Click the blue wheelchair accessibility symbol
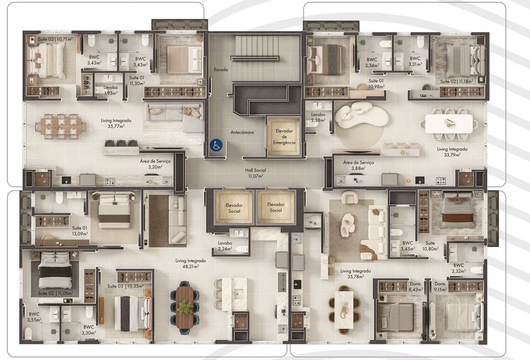(x=216, y=145)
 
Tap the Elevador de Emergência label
(x=284, y=137)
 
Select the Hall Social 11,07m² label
(x=256, y=173)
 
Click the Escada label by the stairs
(x=220, y=69)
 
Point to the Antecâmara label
(x=242, y=132)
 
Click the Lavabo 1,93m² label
(x=111, y=90)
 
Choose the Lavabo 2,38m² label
(x=318, y=117)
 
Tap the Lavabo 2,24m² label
(x=225, y=246)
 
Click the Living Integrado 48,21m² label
(x=190, y=263)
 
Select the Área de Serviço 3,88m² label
(x=358, y=165)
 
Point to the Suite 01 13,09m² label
(x=80, y=231)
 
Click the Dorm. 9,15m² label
(x=440, y=287)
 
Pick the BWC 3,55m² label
(x=34, y=317)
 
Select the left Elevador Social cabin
(x=234, y=208)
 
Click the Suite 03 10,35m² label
(x=125, y=286)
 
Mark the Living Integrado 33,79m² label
(x=452, y=152)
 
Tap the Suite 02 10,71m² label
(x=55, y=39)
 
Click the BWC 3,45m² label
(x=408, y=246)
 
